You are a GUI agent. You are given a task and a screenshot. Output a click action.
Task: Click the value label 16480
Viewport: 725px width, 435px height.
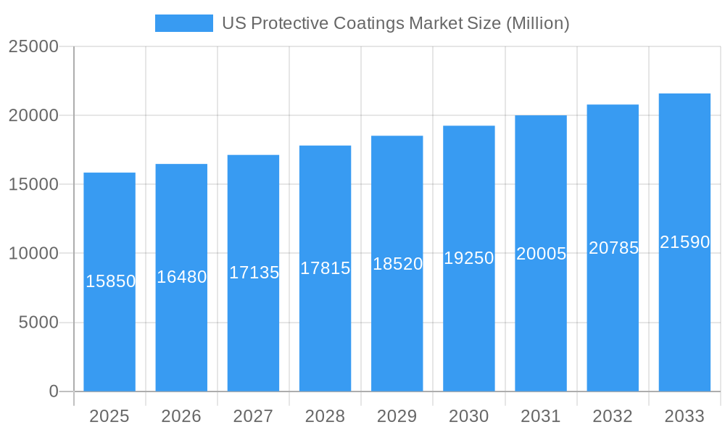tap(181, 277)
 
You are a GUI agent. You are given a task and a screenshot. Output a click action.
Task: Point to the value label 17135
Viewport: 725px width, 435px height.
tap(254, 273)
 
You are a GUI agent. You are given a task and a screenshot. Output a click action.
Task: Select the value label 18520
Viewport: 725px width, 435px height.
tap(397, 264)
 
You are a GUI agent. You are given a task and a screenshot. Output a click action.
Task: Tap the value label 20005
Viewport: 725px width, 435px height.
tap(541, 254)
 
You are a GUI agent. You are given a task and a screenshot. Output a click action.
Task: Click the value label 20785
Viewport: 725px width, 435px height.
tap(613, 248)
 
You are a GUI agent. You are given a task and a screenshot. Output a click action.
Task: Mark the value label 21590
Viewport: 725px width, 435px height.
tap(684, 242)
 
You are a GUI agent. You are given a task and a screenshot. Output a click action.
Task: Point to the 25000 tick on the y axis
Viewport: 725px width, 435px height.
tap(33, 46)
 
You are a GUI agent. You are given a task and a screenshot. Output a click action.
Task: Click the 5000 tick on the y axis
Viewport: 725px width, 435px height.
tap(38, 323)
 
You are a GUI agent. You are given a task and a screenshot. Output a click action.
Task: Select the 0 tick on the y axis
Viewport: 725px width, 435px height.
tap(54, 391)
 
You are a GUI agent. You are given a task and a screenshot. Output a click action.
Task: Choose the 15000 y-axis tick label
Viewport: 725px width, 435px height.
tap(33, 184)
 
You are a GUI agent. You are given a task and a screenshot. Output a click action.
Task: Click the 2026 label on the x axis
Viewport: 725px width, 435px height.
tap(181, 416)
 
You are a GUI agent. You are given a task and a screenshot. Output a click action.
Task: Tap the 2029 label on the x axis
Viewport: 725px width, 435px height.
tap(397, 416)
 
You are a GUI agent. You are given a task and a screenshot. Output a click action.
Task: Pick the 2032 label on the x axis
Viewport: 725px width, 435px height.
tap(613, 416)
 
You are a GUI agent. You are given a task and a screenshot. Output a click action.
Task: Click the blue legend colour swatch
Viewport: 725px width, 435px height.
tap(184, 23)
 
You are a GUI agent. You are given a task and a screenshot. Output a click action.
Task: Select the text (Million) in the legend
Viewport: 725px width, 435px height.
tap(537, 23)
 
